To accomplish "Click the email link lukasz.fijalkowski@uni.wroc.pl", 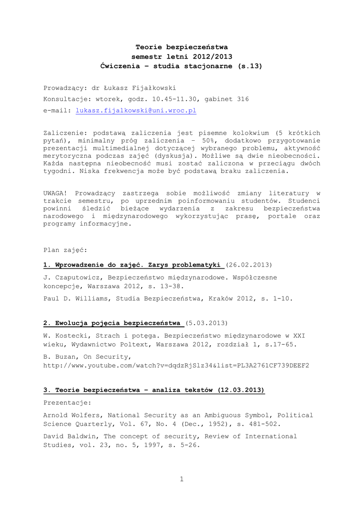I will [x=136, y=110].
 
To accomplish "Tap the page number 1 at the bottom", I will [x=182, y=479].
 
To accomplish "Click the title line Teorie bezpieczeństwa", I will [x=182, y=47].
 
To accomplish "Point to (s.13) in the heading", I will [x=250, y=66].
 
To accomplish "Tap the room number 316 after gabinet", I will [x=242, y=99].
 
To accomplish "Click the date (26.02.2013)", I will [x=249, y=264].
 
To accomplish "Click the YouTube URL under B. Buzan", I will [x=176, y=365].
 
